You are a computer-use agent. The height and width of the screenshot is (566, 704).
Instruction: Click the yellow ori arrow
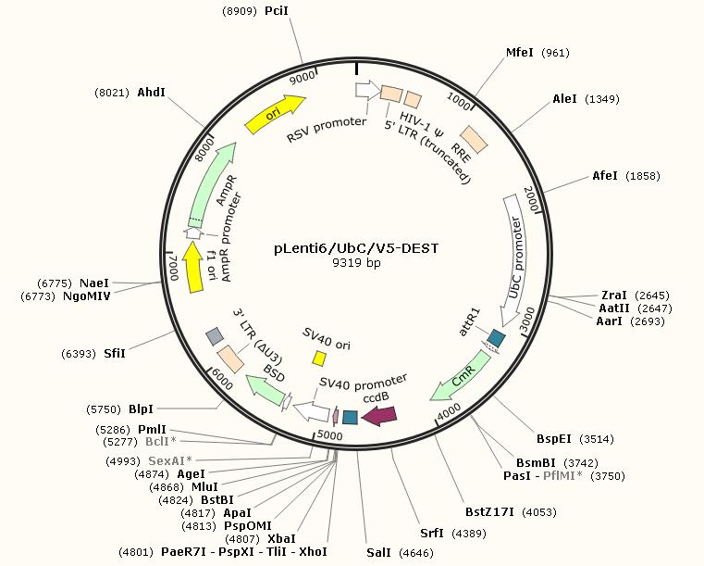pyautogui.click(x=275, y=115)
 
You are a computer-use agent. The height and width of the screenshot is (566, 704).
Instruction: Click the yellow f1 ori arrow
pyautogui.click(x=194, y=267)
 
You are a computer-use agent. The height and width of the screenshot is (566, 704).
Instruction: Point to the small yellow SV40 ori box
pyautogui.click(x=319, y=358)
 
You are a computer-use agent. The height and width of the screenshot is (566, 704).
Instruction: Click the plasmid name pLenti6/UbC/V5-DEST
pyautogui.click(x=356, y=248)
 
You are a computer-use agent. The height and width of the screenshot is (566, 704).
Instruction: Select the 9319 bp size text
pyautogui.click(x=356, y=262)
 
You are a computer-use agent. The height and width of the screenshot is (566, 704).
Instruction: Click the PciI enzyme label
pyautogui.click(x=276, y=10)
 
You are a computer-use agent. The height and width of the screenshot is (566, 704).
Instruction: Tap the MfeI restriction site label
pyautogui.click(x=520, y=53)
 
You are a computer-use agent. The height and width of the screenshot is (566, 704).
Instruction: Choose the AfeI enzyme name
pyautogui.click(x=605, y=176)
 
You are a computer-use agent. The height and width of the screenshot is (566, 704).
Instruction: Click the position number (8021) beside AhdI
pyautogui.click(x=112, y=93)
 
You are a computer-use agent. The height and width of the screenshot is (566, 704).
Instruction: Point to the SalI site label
pyautogui.click(x=378, y=552)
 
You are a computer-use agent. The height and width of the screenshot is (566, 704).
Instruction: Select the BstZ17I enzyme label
pyautogui.click(x=489, y=511)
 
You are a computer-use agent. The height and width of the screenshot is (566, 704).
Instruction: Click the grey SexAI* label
pyautogui.click(x=170, y=460)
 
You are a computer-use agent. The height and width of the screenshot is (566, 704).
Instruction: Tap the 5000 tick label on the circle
pyautogui.click(x=330, y=435)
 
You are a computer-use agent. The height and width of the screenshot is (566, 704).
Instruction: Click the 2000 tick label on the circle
pyautogui.click(x=531, y=199)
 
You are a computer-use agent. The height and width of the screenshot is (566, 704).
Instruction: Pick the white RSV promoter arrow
pyautogui.click(x=367, y=90)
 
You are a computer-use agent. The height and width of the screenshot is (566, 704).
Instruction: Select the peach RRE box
pyautogui.click(x=474, y=139)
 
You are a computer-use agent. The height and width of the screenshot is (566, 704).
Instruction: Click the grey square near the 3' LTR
pyautogui.click(x=215, y=336)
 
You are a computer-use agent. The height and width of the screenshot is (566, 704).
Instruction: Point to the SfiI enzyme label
pyautogui.click(x=115, y=353)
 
